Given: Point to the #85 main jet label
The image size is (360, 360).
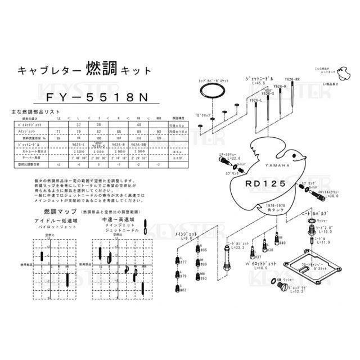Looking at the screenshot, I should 204,250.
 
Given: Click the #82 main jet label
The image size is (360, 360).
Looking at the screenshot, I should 183,289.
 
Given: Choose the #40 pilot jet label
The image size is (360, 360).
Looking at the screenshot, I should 282,243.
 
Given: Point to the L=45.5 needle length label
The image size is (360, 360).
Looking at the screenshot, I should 255,82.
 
